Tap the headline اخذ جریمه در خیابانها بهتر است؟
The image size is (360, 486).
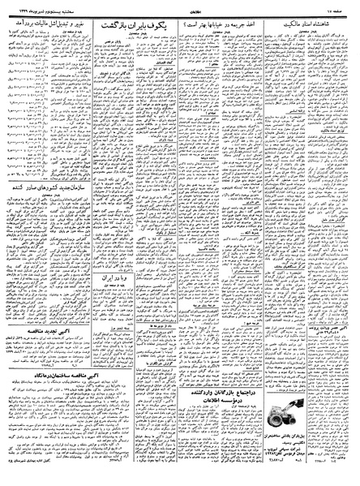(x=213, y=27)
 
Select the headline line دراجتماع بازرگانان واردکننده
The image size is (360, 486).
(x=214, y=388)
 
